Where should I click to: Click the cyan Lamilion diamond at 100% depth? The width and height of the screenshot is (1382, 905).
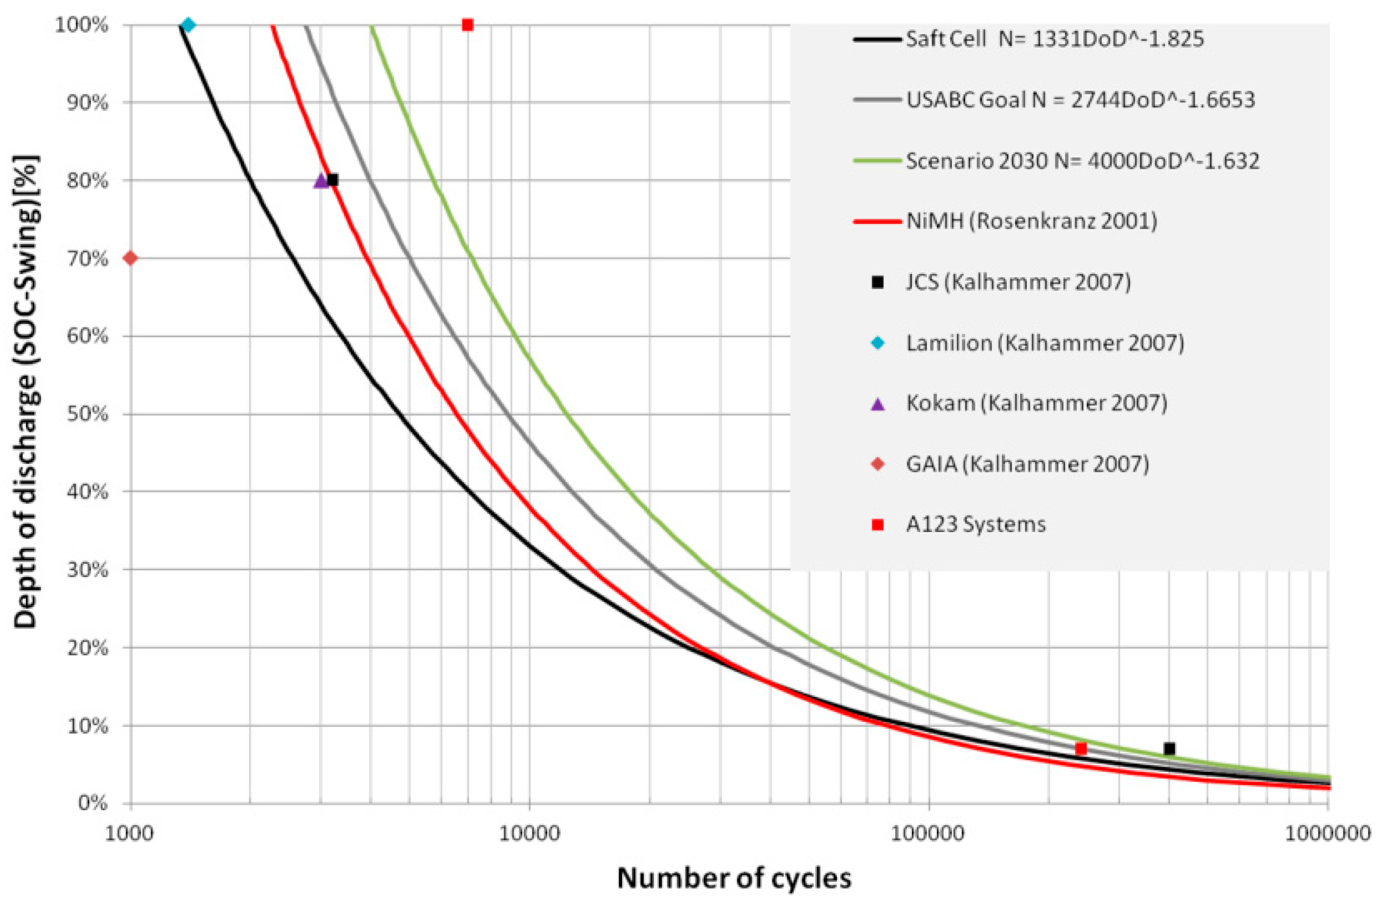point(188,25)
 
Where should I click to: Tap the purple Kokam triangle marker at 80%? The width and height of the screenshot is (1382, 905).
point(321,181)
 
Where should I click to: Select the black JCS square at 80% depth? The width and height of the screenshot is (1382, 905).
point(333,180)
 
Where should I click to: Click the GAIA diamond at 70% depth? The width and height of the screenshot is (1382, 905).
point(131,258)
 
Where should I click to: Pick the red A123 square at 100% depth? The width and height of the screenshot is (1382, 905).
point(467,25)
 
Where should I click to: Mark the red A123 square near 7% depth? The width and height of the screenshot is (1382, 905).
point(1080,748)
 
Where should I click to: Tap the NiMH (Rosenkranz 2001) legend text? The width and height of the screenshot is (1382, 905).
point(1031,221)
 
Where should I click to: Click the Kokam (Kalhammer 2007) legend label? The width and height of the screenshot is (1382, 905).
point(1036,403)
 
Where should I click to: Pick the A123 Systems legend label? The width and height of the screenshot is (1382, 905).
point(976,524)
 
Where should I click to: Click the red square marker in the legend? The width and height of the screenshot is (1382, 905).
point(878,525)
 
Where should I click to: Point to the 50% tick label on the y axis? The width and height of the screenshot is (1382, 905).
point(88,414)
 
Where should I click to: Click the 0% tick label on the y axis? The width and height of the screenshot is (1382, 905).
point(93,804)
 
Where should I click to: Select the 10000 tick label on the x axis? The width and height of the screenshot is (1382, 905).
point(529,834)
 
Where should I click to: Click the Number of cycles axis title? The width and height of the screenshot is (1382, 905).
point(734,878)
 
